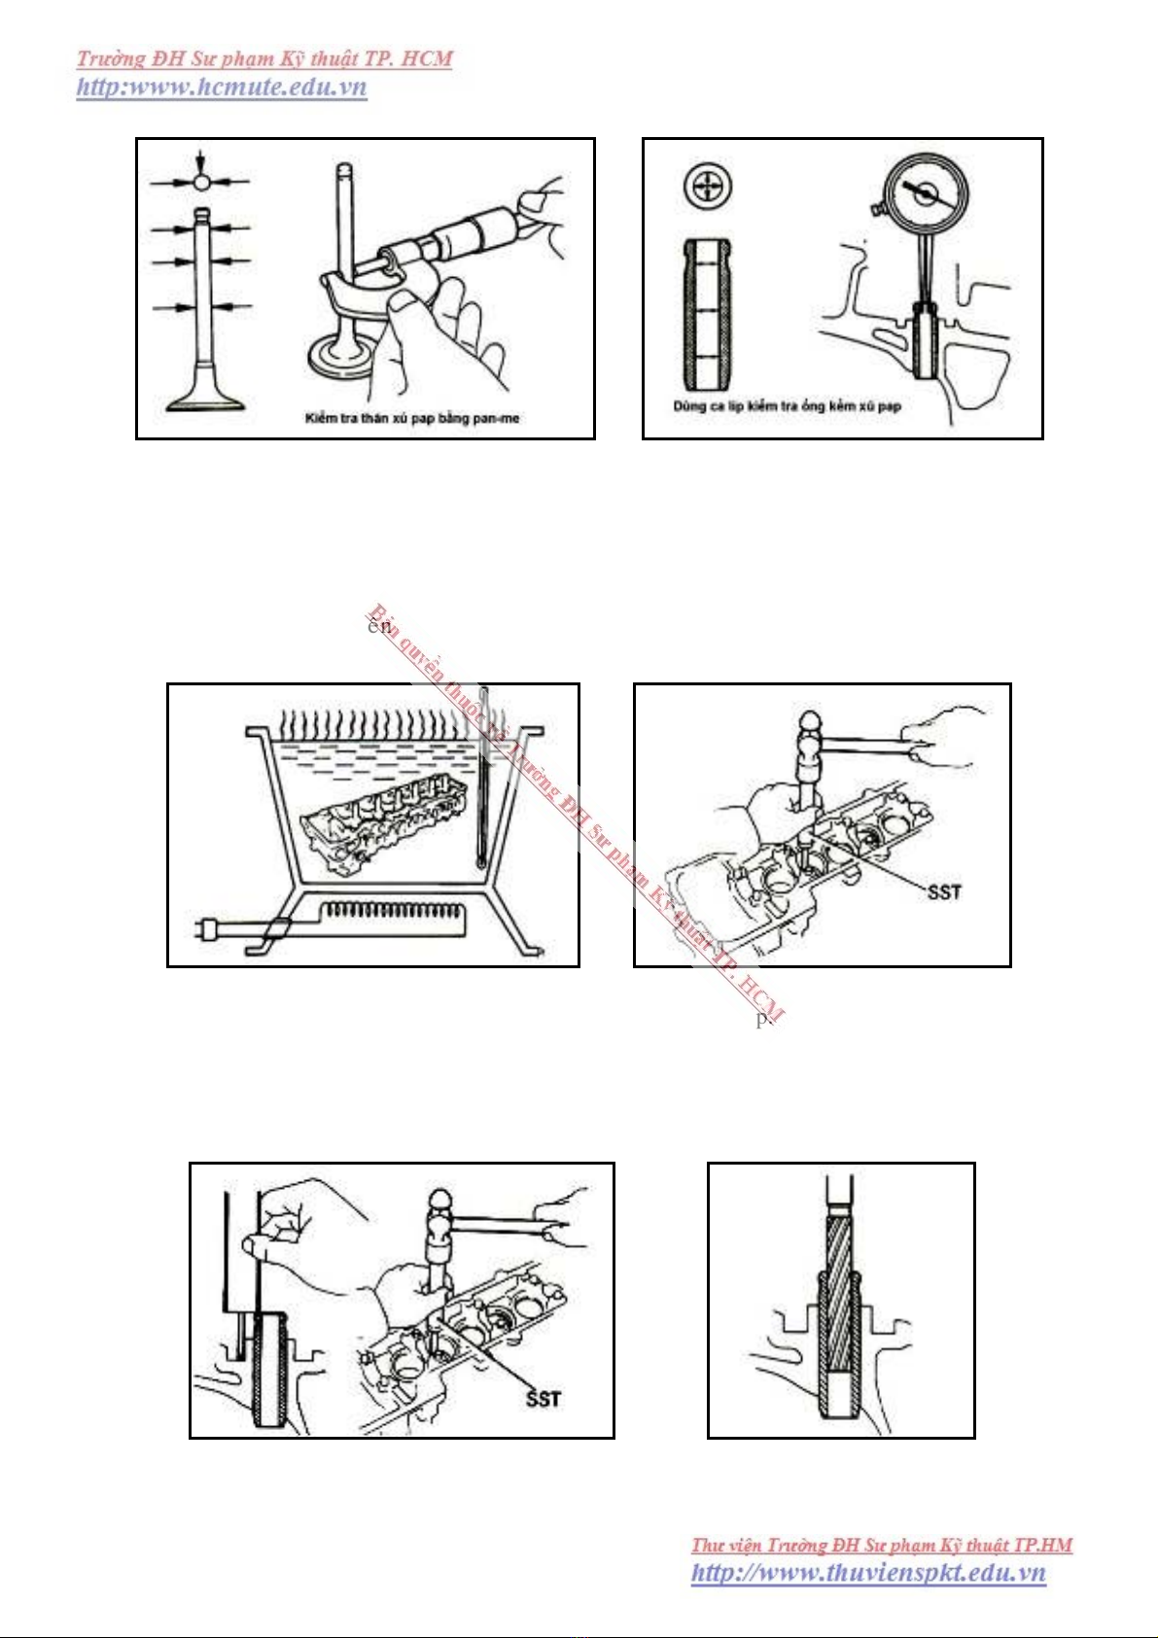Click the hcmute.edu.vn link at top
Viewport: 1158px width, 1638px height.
coord(222,87)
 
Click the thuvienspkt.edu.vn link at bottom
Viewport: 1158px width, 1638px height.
coord(868,1573)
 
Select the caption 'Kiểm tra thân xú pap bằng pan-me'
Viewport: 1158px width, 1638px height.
coord(412,419)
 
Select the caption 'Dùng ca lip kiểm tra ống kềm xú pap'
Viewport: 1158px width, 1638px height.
coord(787,406)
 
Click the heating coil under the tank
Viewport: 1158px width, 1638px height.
coord(393,911)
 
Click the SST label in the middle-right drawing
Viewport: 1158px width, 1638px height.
coord(943,891)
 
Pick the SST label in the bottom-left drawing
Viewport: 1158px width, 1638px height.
coord(544,1399)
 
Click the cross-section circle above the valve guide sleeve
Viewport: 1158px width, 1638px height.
coord(708,186)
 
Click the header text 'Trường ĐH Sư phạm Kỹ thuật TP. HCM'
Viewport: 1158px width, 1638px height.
coord(264,58)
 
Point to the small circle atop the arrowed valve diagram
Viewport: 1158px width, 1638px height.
coord(200,181)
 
